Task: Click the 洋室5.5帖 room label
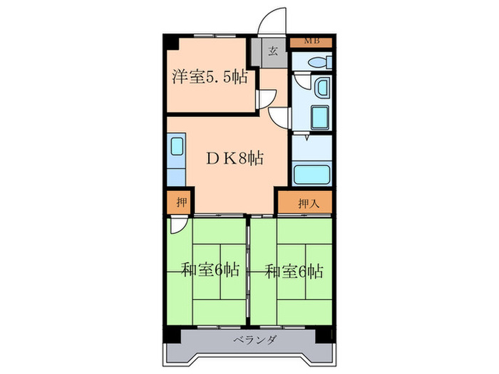pos(210,76)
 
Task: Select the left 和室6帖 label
pos(208,270)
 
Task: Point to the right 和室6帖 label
pos(294,270)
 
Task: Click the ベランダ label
pos(249,340)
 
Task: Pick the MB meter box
pos(311,41)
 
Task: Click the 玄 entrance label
pos(274,51)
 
